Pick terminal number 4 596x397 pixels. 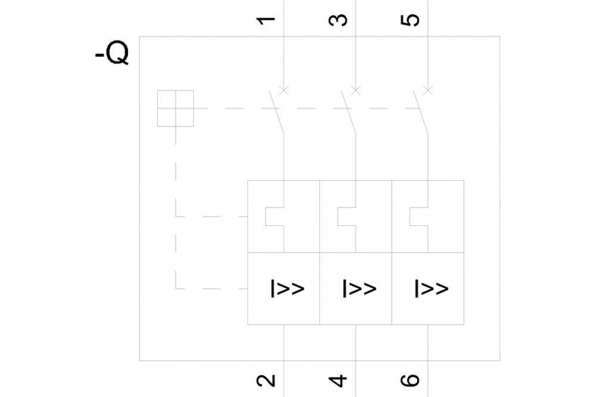339,380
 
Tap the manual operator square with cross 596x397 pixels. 175,108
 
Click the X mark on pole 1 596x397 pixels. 284,91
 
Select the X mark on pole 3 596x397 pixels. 356,91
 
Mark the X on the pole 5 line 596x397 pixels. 427,91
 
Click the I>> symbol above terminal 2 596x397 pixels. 287,289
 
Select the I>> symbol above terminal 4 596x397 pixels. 359,289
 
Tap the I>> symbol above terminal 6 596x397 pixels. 431,289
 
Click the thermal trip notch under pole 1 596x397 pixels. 275,217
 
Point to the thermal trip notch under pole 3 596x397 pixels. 347,217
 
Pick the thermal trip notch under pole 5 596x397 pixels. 418,217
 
